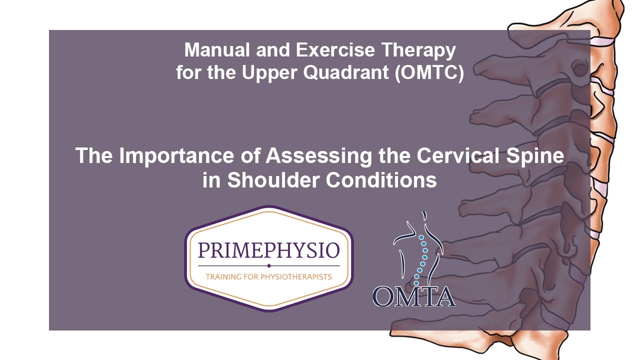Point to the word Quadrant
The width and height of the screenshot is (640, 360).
coord(346,73)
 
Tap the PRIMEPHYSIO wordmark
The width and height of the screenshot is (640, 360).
coord(269,249)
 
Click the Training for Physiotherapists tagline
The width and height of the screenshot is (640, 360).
coord(269,276)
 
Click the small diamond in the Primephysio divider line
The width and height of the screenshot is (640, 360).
coord(269,265)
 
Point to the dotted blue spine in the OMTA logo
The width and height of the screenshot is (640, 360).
coord(422,257)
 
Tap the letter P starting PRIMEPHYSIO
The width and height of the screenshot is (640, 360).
coord(203,249)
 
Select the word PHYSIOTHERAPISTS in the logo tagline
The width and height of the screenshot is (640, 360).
coord(293,276)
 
